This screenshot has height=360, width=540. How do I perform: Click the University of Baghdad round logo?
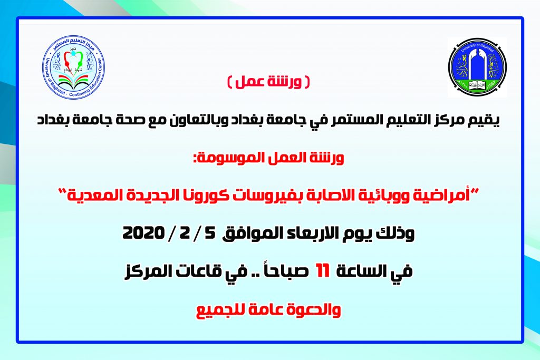click(x=477, y=67)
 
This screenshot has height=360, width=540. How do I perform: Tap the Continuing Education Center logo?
click(x=74, y=67)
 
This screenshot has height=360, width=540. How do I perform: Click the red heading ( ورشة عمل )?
click(x=268, y=82)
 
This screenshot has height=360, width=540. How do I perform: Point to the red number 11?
click(x=323, y=271)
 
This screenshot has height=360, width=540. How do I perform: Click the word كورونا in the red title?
click(x=253, y=195)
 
